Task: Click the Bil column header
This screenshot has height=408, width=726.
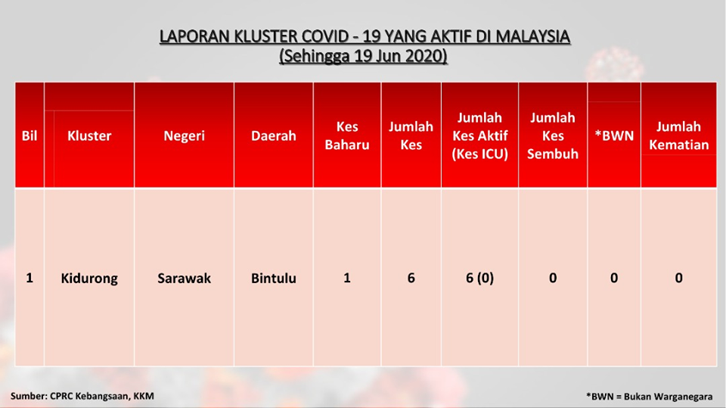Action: pyautogui.click(x=29, y=135)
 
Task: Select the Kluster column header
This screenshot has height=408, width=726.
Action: pyautogui.click(x=89, y=135)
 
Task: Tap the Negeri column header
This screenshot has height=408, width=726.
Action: pyautogui.click(x=184, y=136)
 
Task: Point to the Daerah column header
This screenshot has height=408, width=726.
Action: pyautogui.click(x=273, y=135)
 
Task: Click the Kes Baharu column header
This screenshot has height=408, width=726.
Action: pyautogui.click(x=347, y=135)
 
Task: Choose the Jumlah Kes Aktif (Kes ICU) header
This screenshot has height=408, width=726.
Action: pyautogui.click(x=479, y=135)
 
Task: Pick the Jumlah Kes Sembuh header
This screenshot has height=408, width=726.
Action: pyautogui.click(x=552, y=135)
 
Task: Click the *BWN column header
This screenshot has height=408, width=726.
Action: pyautogui.click(x=614, y=135)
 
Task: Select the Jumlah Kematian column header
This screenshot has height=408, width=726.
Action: pyautogui.click(x=678, y=135)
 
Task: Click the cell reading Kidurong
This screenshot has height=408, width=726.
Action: pyautogui.click(x=89, y=279)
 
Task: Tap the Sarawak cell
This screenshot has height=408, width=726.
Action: pyautogui.click(x=184, y=279)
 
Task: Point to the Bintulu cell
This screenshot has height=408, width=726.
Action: pyautogui.click(x=273, y=279)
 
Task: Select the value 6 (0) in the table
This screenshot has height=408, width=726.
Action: pyautogui.click(x=479, y=279)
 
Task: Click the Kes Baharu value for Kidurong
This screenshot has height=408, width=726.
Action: pyautogui.click(x=347, y=279)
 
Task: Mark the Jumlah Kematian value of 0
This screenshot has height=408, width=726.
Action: pyautogui.click(x=678, y=279)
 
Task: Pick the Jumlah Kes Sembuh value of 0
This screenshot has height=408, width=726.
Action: pyautogui.click(x=552, y=279)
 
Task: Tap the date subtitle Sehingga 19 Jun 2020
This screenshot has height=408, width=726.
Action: pyautogui.click(x=364, y=56)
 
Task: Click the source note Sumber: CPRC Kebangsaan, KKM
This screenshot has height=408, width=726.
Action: pyautogui.click(x=82, y=396)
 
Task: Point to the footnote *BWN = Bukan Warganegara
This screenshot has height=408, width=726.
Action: pyautogui.click(x=649, y=397)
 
